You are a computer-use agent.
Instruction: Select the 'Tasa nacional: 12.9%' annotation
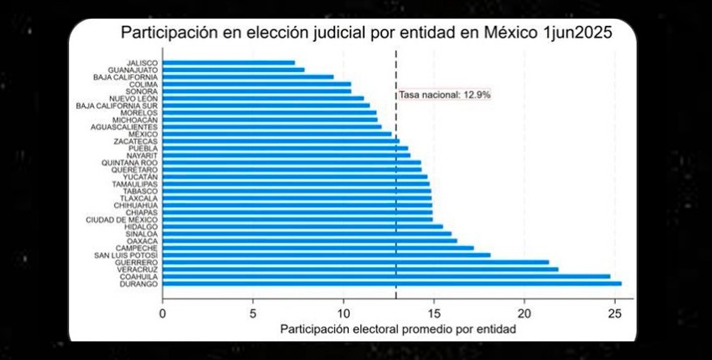tap(444, 95)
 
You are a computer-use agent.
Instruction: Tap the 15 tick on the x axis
tap(434, 313)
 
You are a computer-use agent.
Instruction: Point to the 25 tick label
tap(614, 313)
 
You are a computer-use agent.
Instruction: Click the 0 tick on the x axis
tap(163, 313)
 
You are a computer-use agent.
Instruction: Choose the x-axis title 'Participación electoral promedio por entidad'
tap(397, 329)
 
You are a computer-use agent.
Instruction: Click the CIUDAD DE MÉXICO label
tap(122, 219)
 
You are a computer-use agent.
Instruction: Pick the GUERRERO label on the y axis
tap(137, 262)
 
